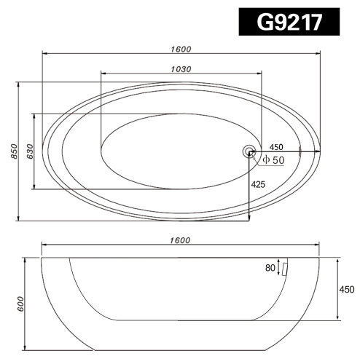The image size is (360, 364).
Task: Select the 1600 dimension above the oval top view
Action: point(181,48)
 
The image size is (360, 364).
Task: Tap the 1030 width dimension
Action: point(181,68)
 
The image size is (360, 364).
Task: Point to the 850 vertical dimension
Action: point(13,150)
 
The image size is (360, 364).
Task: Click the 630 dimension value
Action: point(31,151)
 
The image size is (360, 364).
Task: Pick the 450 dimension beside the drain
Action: point(276,145)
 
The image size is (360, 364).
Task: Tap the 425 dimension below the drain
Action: point(257,184)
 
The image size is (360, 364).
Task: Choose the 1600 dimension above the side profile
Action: point(181,240)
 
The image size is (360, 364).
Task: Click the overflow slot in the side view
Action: point(286,269)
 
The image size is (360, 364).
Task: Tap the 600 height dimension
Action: point(13,304)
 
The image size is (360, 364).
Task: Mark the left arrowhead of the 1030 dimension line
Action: point(102,74)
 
